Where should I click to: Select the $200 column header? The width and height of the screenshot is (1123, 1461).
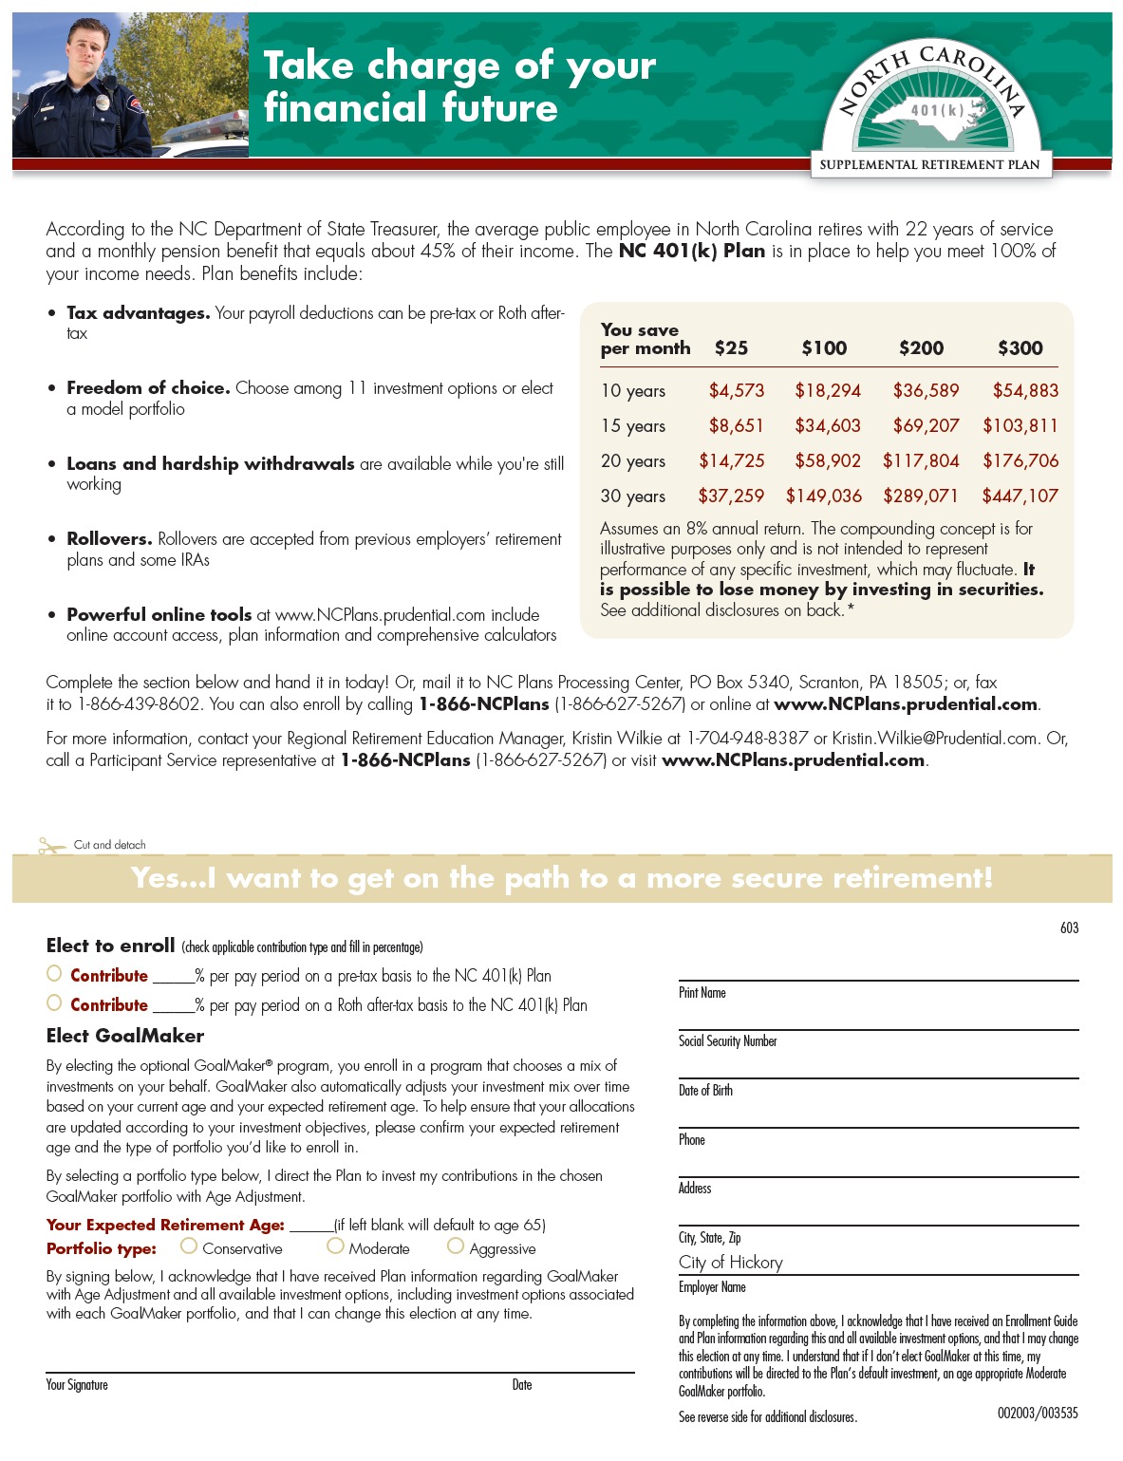921,348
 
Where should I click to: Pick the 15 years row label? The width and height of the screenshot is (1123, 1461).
633,426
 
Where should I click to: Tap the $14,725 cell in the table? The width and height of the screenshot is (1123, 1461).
731,461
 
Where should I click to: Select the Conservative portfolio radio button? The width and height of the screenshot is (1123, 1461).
189,1246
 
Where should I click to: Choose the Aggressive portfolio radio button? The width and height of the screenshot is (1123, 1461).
456,1246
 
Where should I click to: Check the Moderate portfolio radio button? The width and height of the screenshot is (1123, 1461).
335,1246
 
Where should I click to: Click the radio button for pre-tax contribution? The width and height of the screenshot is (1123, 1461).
54,973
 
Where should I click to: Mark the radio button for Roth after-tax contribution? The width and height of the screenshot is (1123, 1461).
54,1002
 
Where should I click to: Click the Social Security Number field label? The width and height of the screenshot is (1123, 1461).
727,1041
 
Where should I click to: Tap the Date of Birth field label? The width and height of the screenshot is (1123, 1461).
705,1091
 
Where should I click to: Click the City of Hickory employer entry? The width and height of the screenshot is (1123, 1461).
730,1263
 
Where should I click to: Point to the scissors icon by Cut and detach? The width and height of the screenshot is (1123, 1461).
51,845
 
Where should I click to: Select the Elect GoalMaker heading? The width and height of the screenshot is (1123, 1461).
125,1036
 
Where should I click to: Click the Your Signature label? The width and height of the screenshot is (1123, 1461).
77,1385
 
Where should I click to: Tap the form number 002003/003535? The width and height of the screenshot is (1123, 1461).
1037,1413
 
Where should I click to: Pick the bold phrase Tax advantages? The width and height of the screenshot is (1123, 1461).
139,313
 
